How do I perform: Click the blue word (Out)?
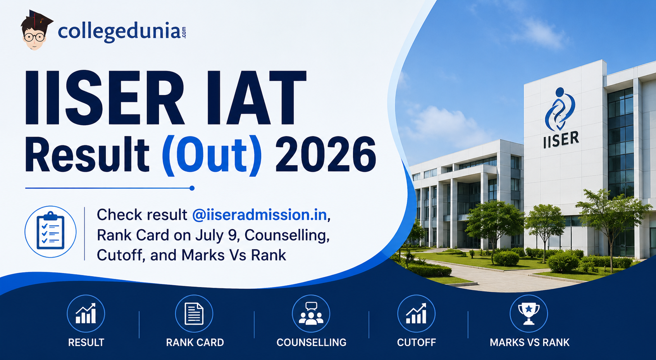(x=212, y=155)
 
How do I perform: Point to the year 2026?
(x=325, y=155)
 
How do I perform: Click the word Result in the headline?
(x=87, y=155)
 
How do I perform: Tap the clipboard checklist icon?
(x=50, y=232)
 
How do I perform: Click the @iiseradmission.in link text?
(x=260, y=215)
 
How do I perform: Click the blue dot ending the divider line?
(x=192, y=188)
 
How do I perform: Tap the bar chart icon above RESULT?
(x=86, y=313)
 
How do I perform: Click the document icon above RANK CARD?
(x=194, y=313)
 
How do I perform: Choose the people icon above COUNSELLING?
(x=311, y=313)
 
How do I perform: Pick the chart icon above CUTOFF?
(x=416, y=313)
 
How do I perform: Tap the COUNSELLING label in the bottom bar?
(x=311, y=343)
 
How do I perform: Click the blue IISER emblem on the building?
(x=560, y=109)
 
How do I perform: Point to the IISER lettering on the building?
(x=561, y=140)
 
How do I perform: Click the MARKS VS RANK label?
(x=529, y=343)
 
